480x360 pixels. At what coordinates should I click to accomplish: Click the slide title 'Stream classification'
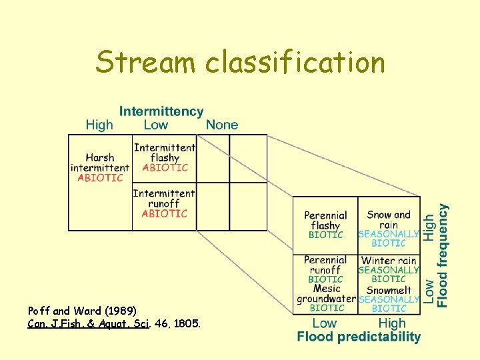click(x=240, y=63)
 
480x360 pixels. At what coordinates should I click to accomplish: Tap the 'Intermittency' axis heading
click(x=161, y=111)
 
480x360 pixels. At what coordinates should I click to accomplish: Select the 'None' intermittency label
click(x=221, y=125)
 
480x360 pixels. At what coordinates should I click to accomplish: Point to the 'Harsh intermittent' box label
click(x=100, y=163)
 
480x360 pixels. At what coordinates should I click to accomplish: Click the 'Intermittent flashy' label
click(x=165, y=153)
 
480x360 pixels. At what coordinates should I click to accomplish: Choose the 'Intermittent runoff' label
click(x=164, y=198)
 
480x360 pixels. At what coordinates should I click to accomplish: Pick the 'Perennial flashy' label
click(x=325, y=221)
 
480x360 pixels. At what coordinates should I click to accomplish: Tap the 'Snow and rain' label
click(x=389, y=219)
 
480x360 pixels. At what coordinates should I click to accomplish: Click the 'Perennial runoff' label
click(x=325, y=265)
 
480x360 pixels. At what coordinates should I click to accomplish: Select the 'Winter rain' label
click(x=389, y=261)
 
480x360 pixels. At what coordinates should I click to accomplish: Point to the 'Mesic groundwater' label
click(x=327, y=294)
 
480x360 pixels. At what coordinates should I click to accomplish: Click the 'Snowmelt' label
click(x=389, y=290)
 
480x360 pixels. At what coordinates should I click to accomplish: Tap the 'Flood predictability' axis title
click(x=359, y=337)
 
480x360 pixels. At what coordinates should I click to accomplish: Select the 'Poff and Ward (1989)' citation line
click(x=82, y=311)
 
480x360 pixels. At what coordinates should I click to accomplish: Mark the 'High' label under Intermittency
click(x=99, y=125)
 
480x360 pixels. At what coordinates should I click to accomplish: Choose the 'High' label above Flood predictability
click(x=391, y=323)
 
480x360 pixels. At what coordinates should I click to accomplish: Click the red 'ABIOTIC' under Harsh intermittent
click(x=100, y=178)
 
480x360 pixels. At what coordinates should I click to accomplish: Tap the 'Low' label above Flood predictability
click(x=325, y=323)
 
